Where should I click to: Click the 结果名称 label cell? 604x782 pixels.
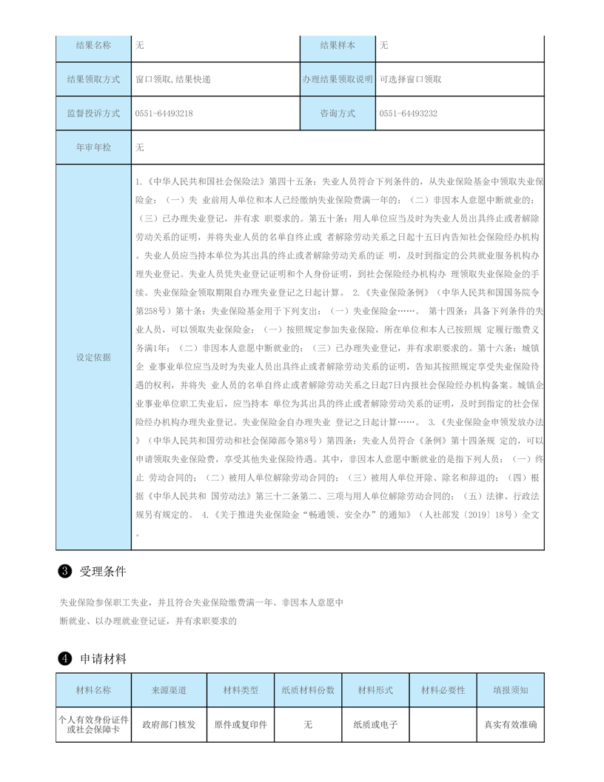click(93, 45)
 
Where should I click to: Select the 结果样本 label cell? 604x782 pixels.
click(338, 45)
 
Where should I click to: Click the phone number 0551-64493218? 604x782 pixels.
click(164, 113)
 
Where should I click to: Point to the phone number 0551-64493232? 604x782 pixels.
click(408, 113)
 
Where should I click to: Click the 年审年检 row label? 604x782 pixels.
click(93, 147)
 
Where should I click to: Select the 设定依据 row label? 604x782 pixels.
click(93, 357)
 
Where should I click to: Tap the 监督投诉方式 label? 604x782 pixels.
click(93, 113)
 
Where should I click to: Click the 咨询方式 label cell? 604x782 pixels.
click(338, 113)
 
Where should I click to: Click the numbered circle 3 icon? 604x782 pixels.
click(64, 572)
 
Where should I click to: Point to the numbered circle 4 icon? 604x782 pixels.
click(64, 658)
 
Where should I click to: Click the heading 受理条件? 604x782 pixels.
click(104, 572)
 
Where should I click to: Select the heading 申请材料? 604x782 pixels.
click(104, 658)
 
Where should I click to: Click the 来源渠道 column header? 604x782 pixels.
click(169, 689)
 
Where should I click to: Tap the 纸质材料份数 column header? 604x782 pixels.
click(308, 689)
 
